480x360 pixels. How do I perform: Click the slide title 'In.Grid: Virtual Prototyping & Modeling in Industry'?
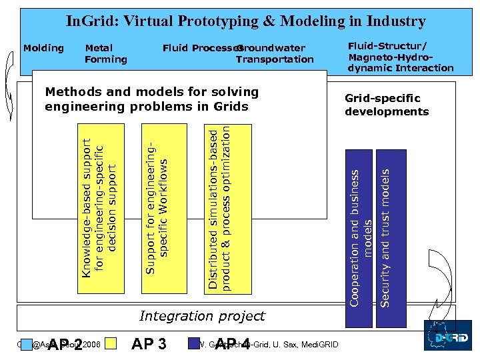(245, 21)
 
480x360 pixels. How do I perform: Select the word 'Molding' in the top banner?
(43, 48)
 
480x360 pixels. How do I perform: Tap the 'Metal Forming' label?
(105, 54)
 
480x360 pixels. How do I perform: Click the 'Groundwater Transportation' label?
(274, 54)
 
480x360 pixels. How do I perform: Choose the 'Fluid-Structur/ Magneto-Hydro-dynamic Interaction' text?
(400, 57)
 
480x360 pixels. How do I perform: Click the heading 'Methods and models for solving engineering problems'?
(151, 99)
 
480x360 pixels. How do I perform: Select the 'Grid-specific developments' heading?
(386, 105)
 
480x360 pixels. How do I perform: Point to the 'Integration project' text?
(201, 316)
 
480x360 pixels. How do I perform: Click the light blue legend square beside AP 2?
(26, 345)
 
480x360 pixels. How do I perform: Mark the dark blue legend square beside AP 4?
(195, 344)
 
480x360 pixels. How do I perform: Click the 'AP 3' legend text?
(149, 344)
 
